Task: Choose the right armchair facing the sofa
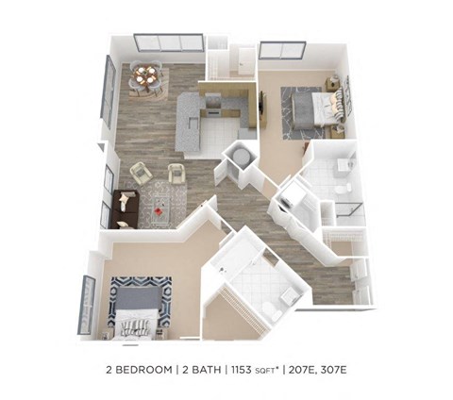tap(176, 173)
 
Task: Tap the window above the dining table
tap(168, 43)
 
